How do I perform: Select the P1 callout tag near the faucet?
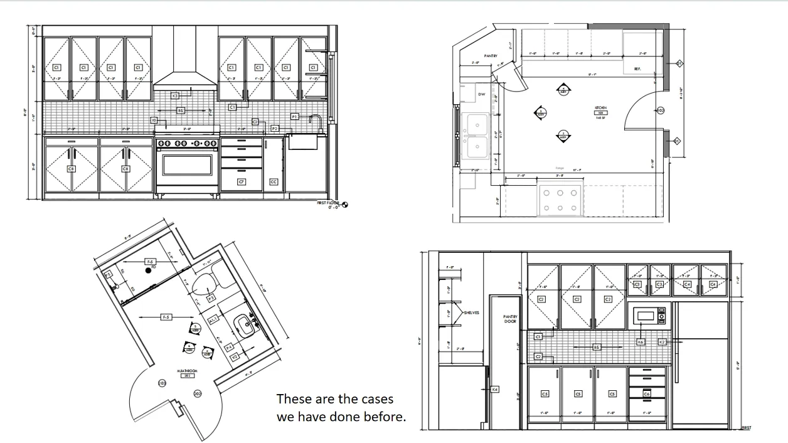click(295, 117)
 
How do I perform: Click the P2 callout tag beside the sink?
click(275, 129)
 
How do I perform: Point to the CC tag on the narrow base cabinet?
click(274, 182)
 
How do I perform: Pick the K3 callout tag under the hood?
click(175, 95)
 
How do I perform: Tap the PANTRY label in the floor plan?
click(491, 56)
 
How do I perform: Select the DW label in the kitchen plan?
click(482, 94)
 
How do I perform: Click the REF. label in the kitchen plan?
click(637, 68)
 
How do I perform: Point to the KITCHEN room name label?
click(600, 108)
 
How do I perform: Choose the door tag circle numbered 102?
click(660, 110)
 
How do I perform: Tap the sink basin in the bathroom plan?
click(245, 325)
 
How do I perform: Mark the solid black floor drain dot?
click(149, 270)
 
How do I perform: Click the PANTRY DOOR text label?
click(510, 319)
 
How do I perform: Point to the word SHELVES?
click(471, 312)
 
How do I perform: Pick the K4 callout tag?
click(494, 390)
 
